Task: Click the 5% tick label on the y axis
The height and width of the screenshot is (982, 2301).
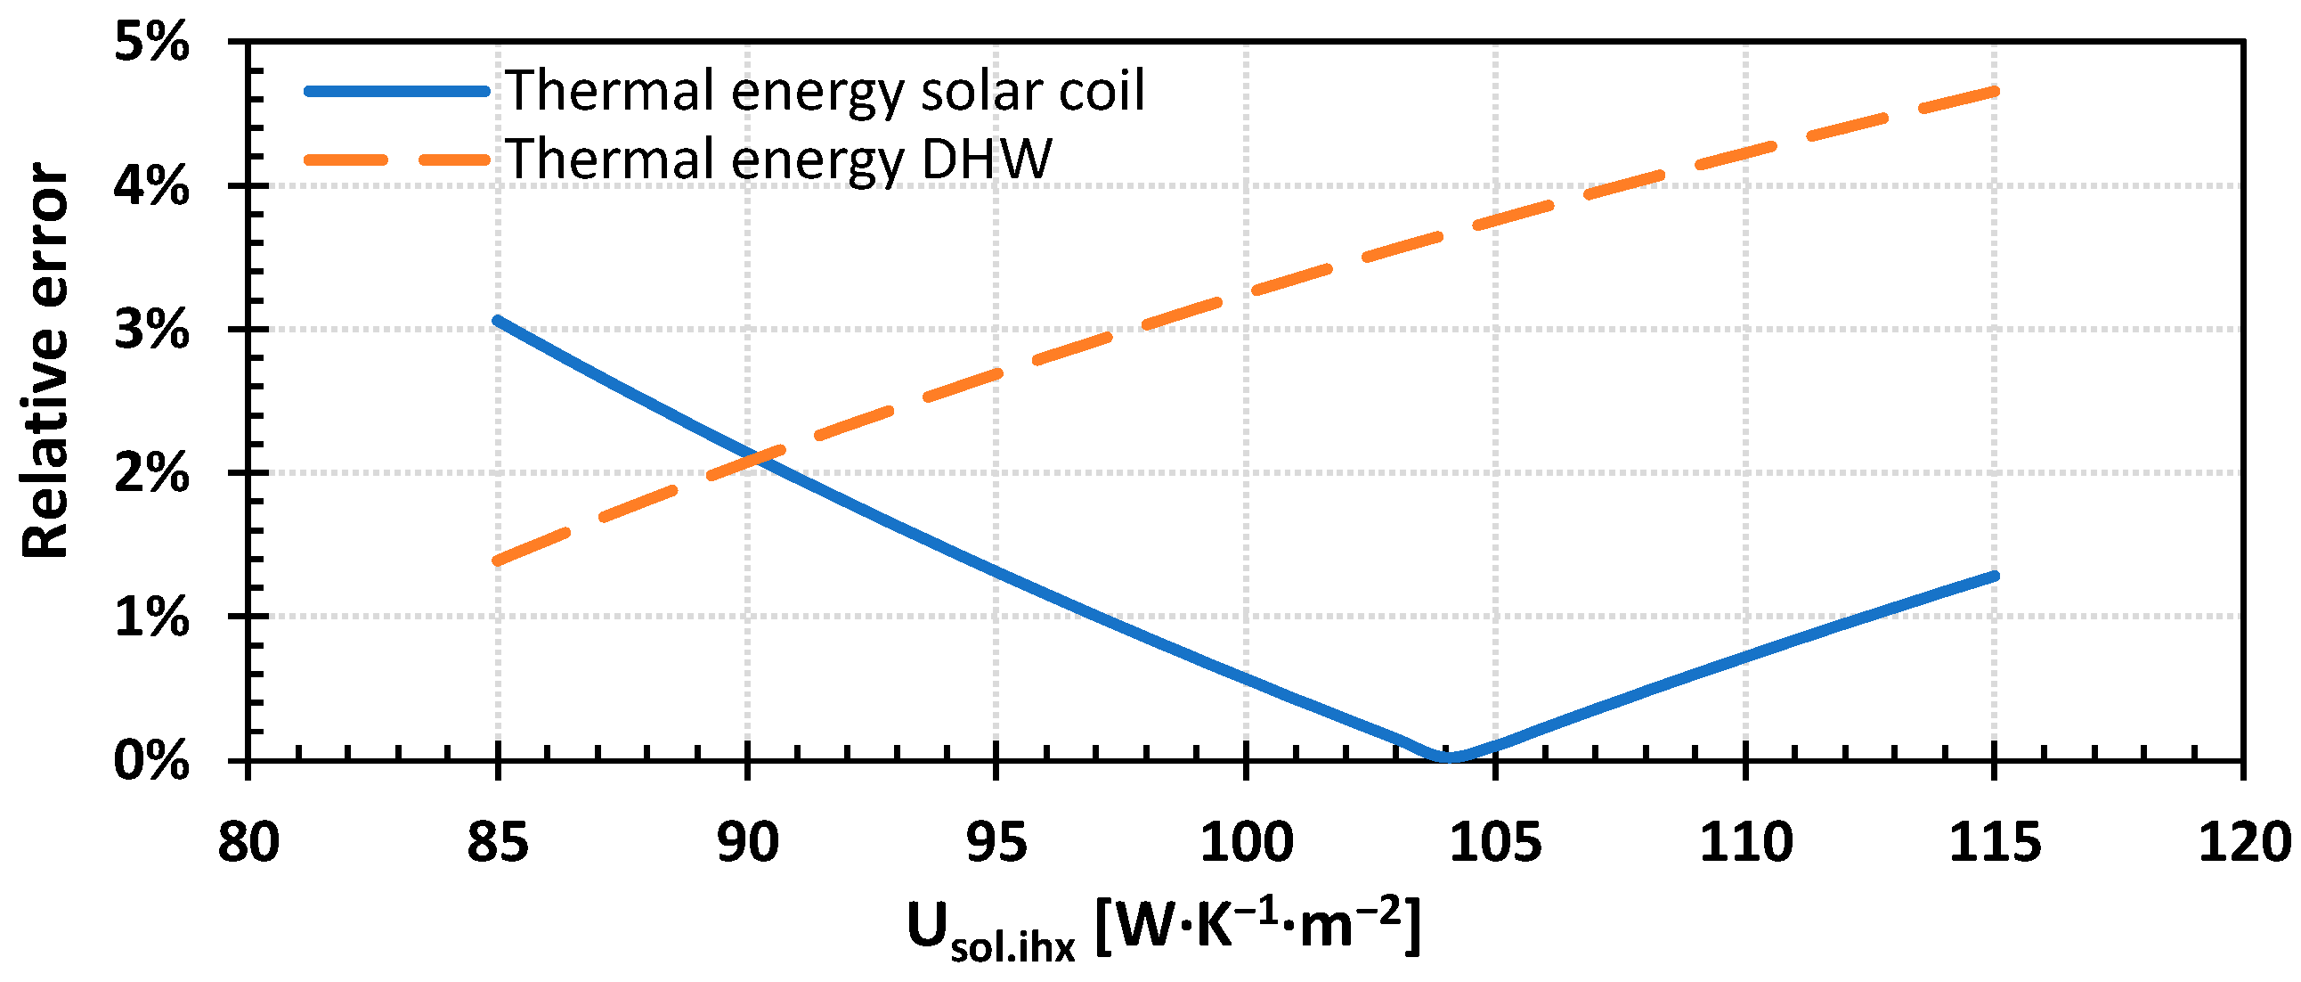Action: click(x=152, y=42)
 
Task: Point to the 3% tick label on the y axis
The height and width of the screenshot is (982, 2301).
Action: click(x=152, y=330)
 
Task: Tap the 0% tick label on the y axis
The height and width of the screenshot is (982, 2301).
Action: click(x=152, y=761)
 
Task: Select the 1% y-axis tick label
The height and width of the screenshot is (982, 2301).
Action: click(x=152, y=617)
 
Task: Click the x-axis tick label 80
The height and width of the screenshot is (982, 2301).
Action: click(x=248, y=842)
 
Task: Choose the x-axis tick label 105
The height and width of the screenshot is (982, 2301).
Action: click(x=1495, y=842)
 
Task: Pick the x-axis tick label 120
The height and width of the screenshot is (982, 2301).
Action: click(x=2242, y=842)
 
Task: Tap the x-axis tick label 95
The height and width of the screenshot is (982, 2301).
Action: click(x=996, y=842)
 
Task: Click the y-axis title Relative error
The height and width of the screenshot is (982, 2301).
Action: click(x=45, y=361)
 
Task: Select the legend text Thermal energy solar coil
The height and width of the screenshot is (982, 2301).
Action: click(x=825, y=90)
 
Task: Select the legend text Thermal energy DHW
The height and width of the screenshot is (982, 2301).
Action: click(x=779, y=159)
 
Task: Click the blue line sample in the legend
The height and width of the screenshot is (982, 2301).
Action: click(x=396, y=91)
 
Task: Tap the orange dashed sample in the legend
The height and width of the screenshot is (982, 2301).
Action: click(x=396, y=160)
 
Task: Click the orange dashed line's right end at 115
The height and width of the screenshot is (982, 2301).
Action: click(x=1994, y=90)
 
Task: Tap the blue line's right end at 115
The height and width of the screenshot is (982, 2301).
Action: click(x=1994, y=576)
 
